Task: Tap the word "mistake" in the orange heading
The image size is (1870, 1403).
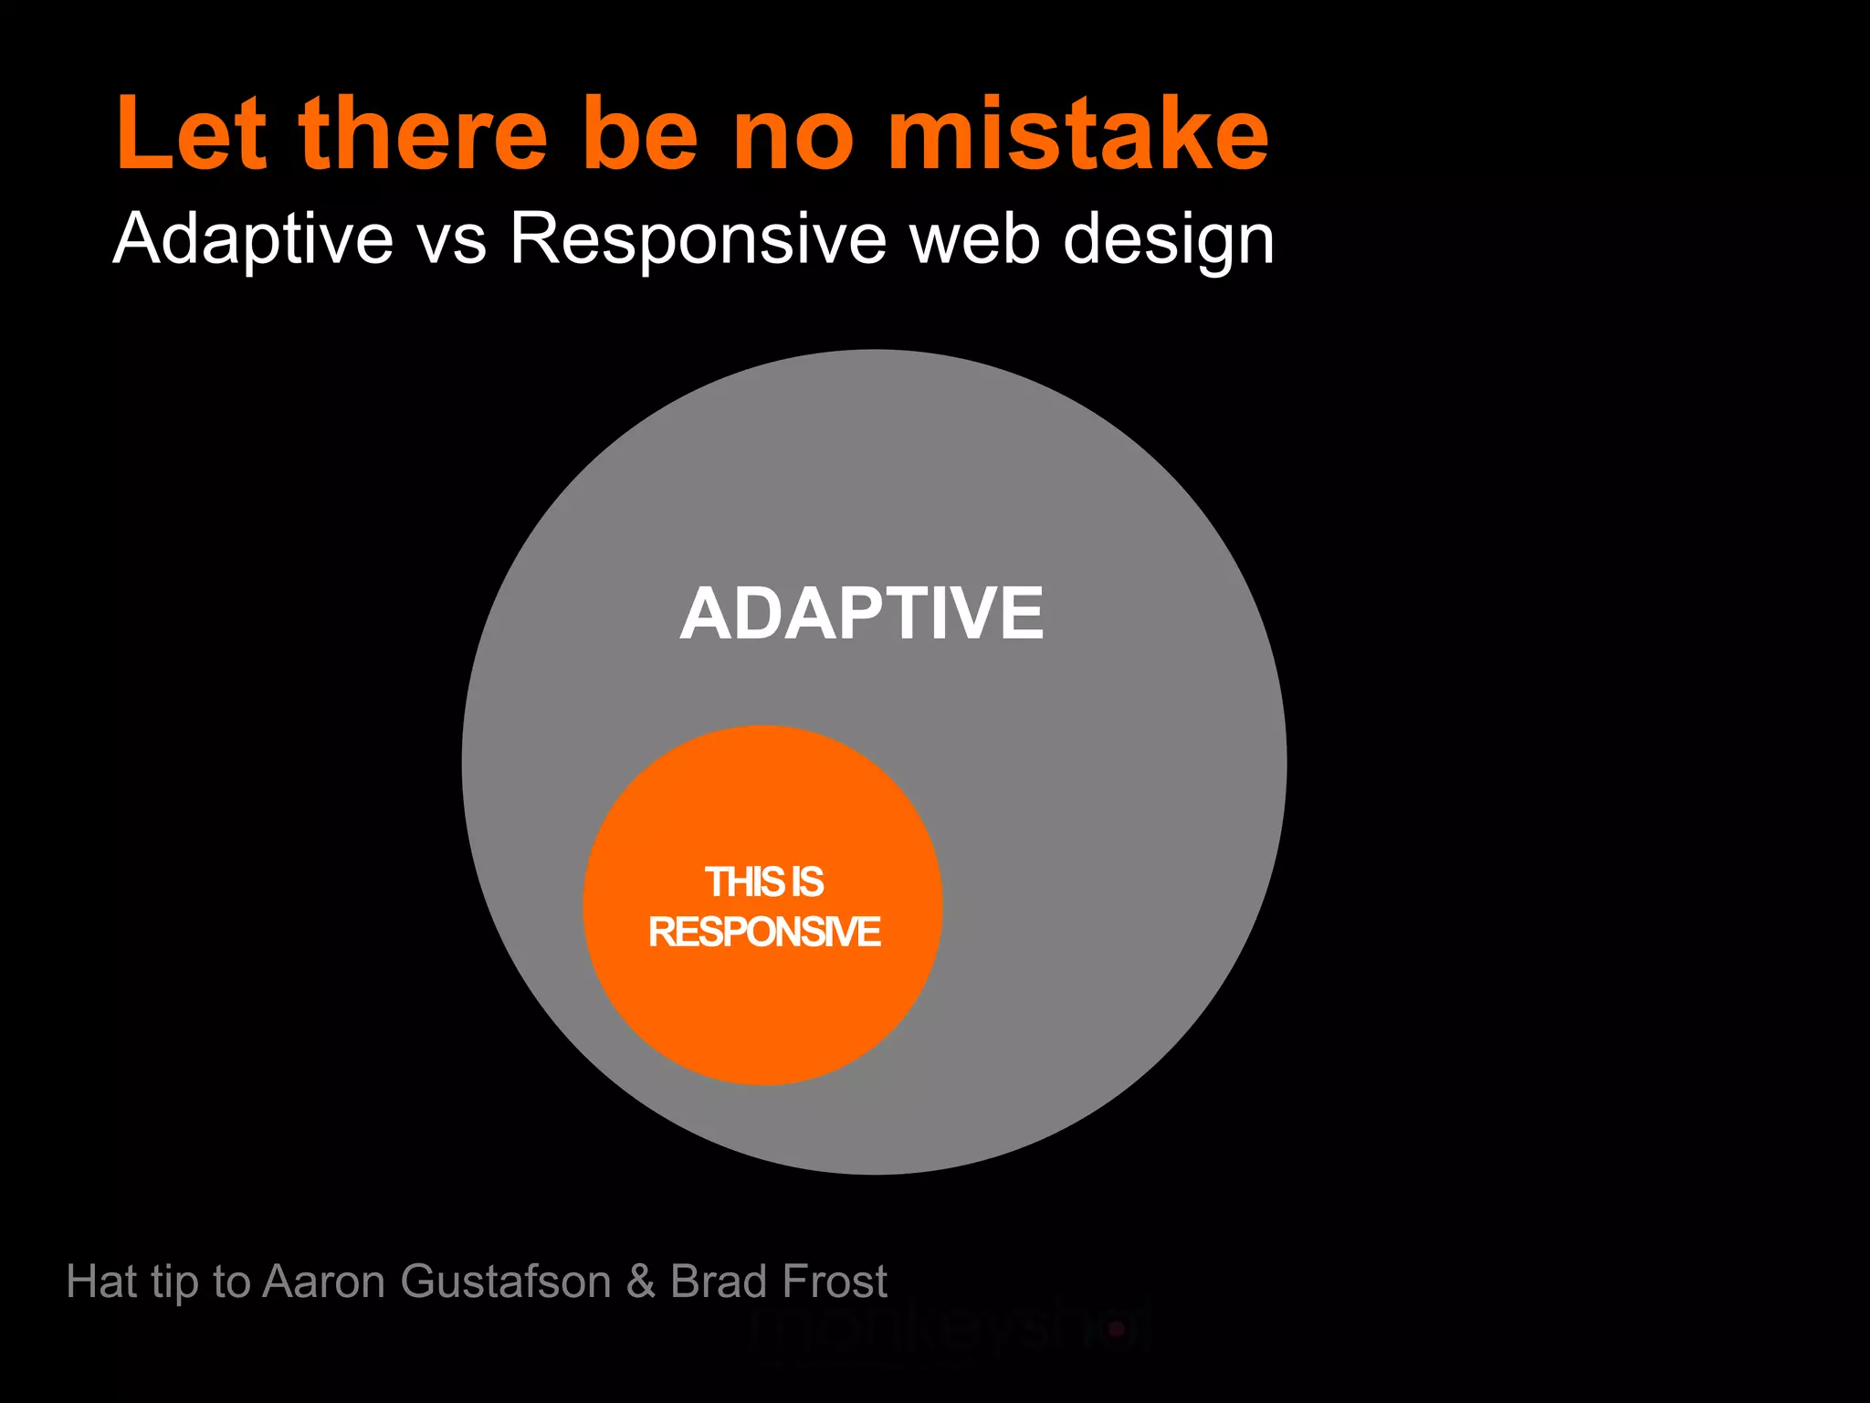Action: (1077, 135)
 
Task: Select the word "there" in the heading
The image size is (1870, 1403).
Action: (422, 135)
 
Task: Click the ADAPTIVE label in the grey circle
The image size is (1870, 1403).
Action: (861, 614)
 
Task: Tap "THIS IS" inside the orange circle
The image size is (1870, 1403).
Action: (763, 882)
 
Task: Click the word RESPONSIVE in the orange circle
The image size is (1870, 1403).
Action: (763, 933)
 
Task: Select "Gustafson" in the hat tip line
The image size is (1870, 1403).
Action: (505, 1281)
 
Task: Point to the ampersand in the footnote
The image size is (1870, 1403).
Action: (641, 1281)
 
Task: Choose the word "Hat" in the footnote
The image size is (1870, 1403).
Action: (101, 1281)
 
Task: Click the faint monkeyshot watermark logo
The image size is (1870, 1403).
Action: (950, 1330)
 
